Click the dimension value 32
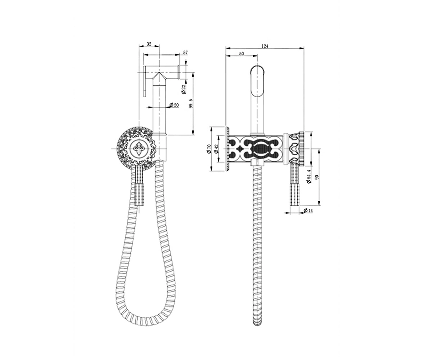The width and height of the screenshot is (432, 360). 149,44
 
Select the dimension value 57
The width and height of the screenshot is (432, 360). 185,53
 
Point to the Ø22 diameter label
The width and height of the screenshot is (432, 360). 184,89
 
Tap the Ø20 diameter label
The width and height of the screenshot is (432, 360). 174,105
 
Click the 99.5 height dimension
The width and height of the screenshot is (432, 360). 191,103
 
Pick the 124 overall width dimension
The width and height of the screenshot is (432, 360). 265,46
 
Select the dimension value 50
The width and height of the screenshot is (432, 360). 242,54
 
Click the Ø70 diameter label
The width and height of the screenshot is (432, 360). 208,149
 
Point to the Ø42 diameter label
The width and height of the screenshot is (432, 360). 216,149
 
